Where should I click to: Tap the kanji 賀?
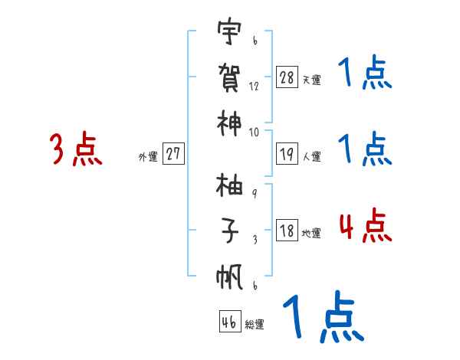(228, 79)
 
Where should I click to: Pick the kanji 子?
(228, 229)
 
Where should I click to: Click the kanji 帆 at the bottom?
(228, 276)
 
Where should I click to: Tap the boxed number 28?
(287, 77)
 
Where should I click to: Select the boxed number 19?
(287, 154)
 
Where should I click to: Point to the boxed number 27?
(173, 154)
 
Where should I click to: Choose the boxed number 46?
(229, 322)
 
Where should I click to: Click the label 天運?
(310, 80)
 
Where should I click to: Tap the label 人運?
(311, 156)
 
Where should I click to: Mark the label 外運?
(148, 156)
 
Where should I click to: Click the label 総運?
(255, 324)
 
